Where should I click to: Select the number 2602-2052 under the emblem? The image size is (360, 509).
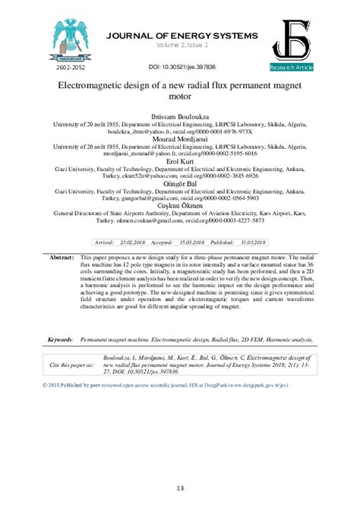point(71,68)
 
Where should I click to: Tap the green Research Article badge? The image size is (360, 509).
point(290,68)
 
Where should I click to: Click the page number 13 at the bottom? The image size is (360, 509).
point(179,488)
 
